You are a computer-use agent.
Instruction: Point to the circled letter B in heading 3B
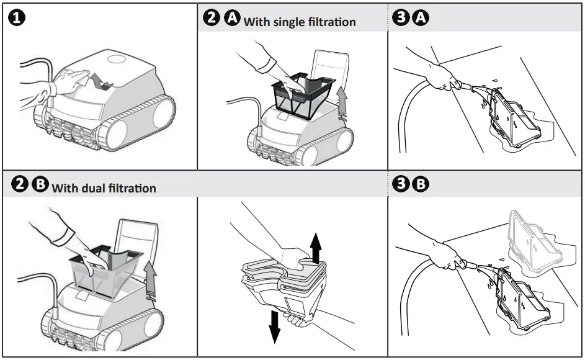tap(421, 184)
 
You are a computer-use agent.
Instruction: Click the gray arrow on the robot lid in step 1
tap(100, 81)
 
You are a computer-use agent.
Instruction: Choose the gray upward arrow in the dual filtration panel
tap(148, 276)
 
